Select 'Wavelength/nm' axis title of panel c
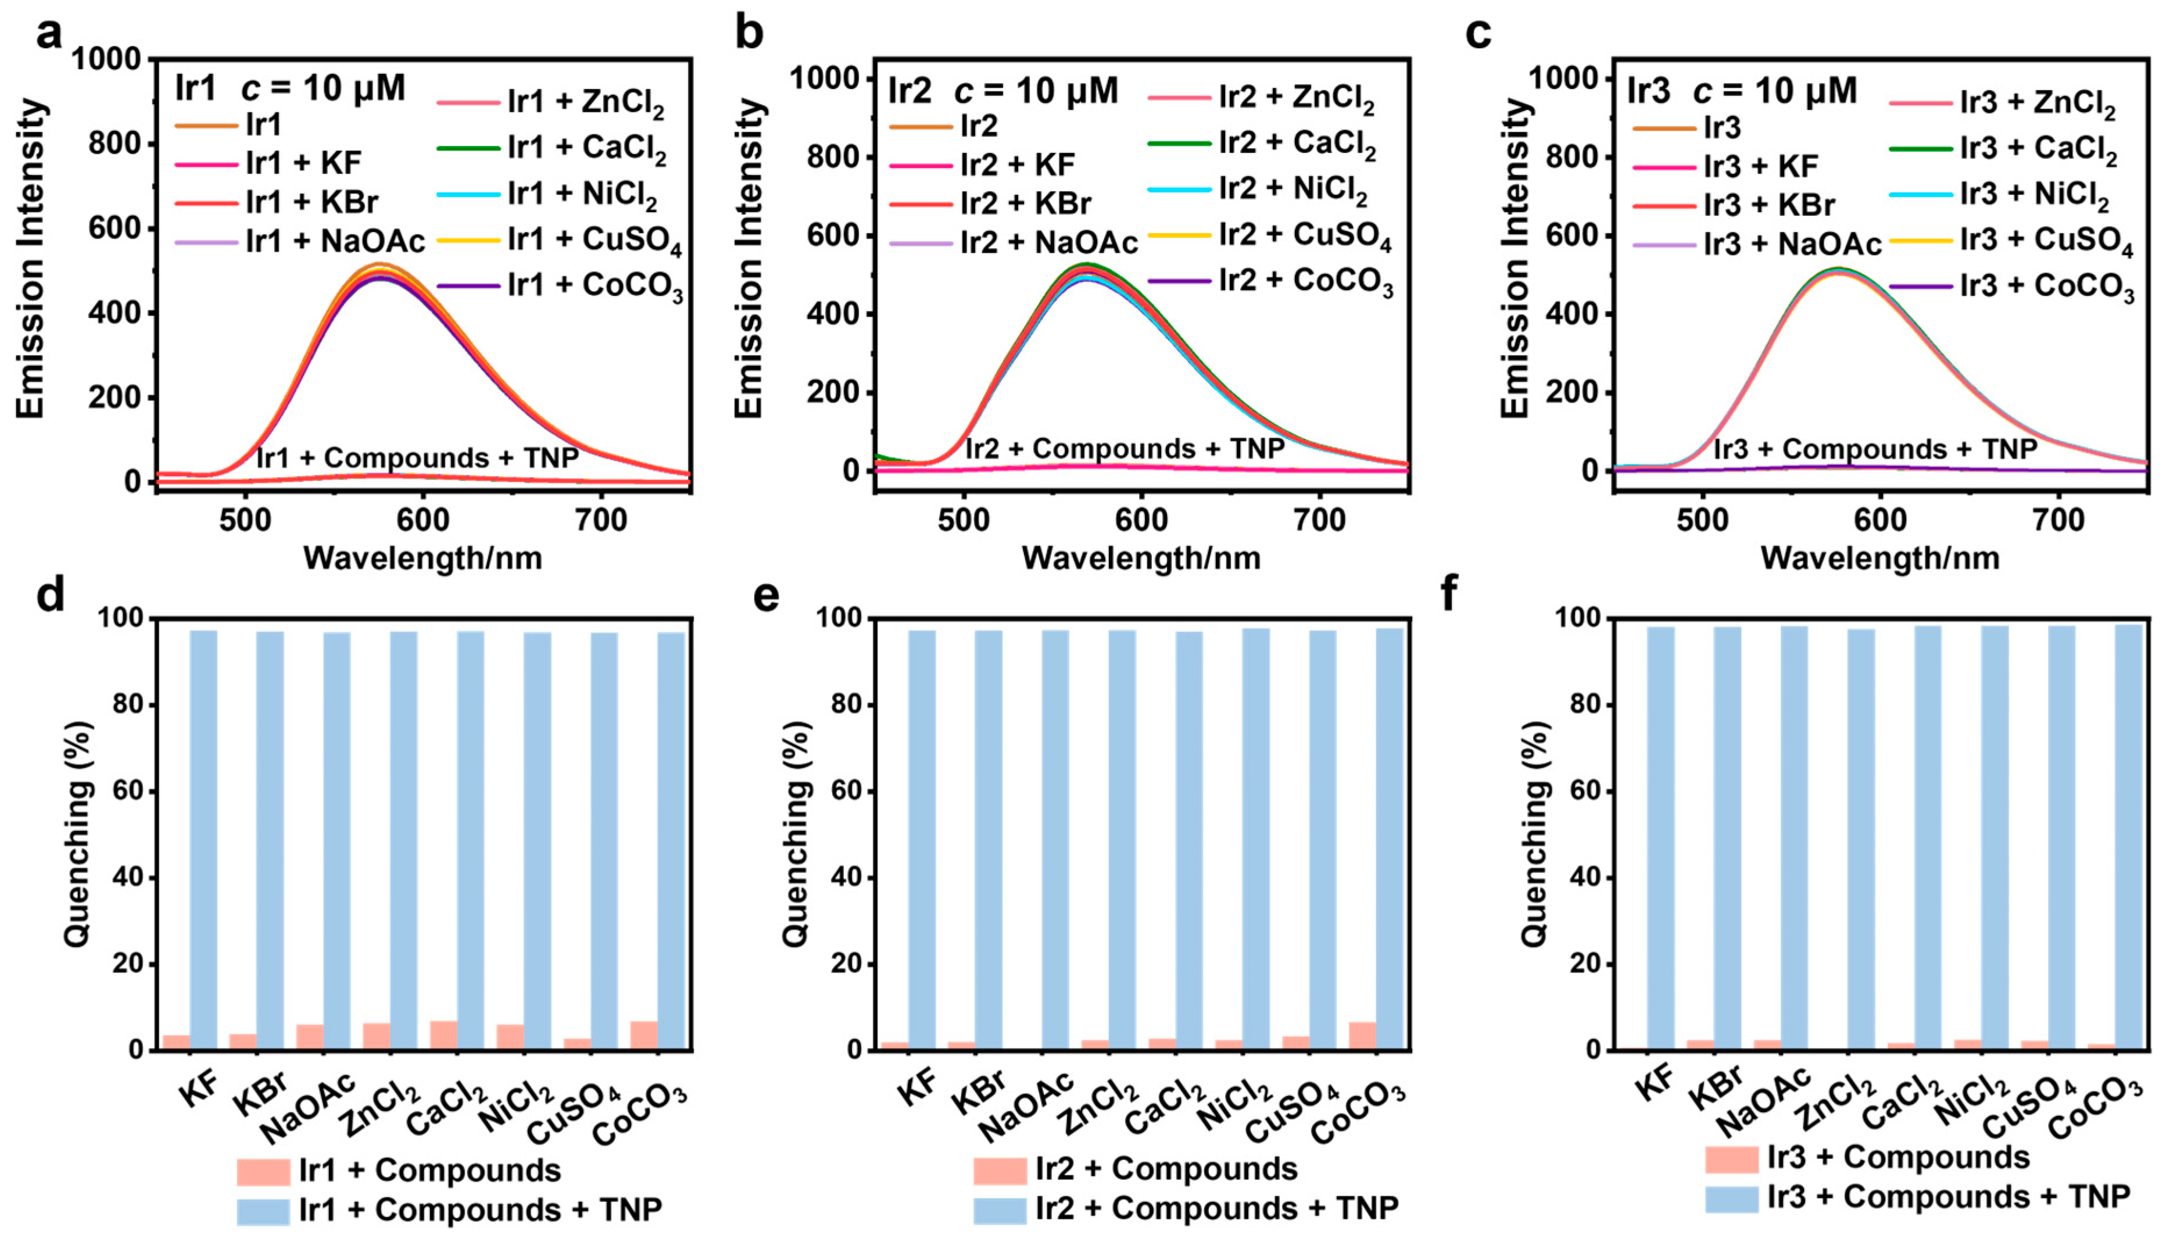pos(1879,558)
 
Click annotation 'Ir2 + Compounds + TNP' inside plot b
pos(1124,448)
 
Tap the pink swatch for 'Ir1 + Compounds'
pos(263,1172)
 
